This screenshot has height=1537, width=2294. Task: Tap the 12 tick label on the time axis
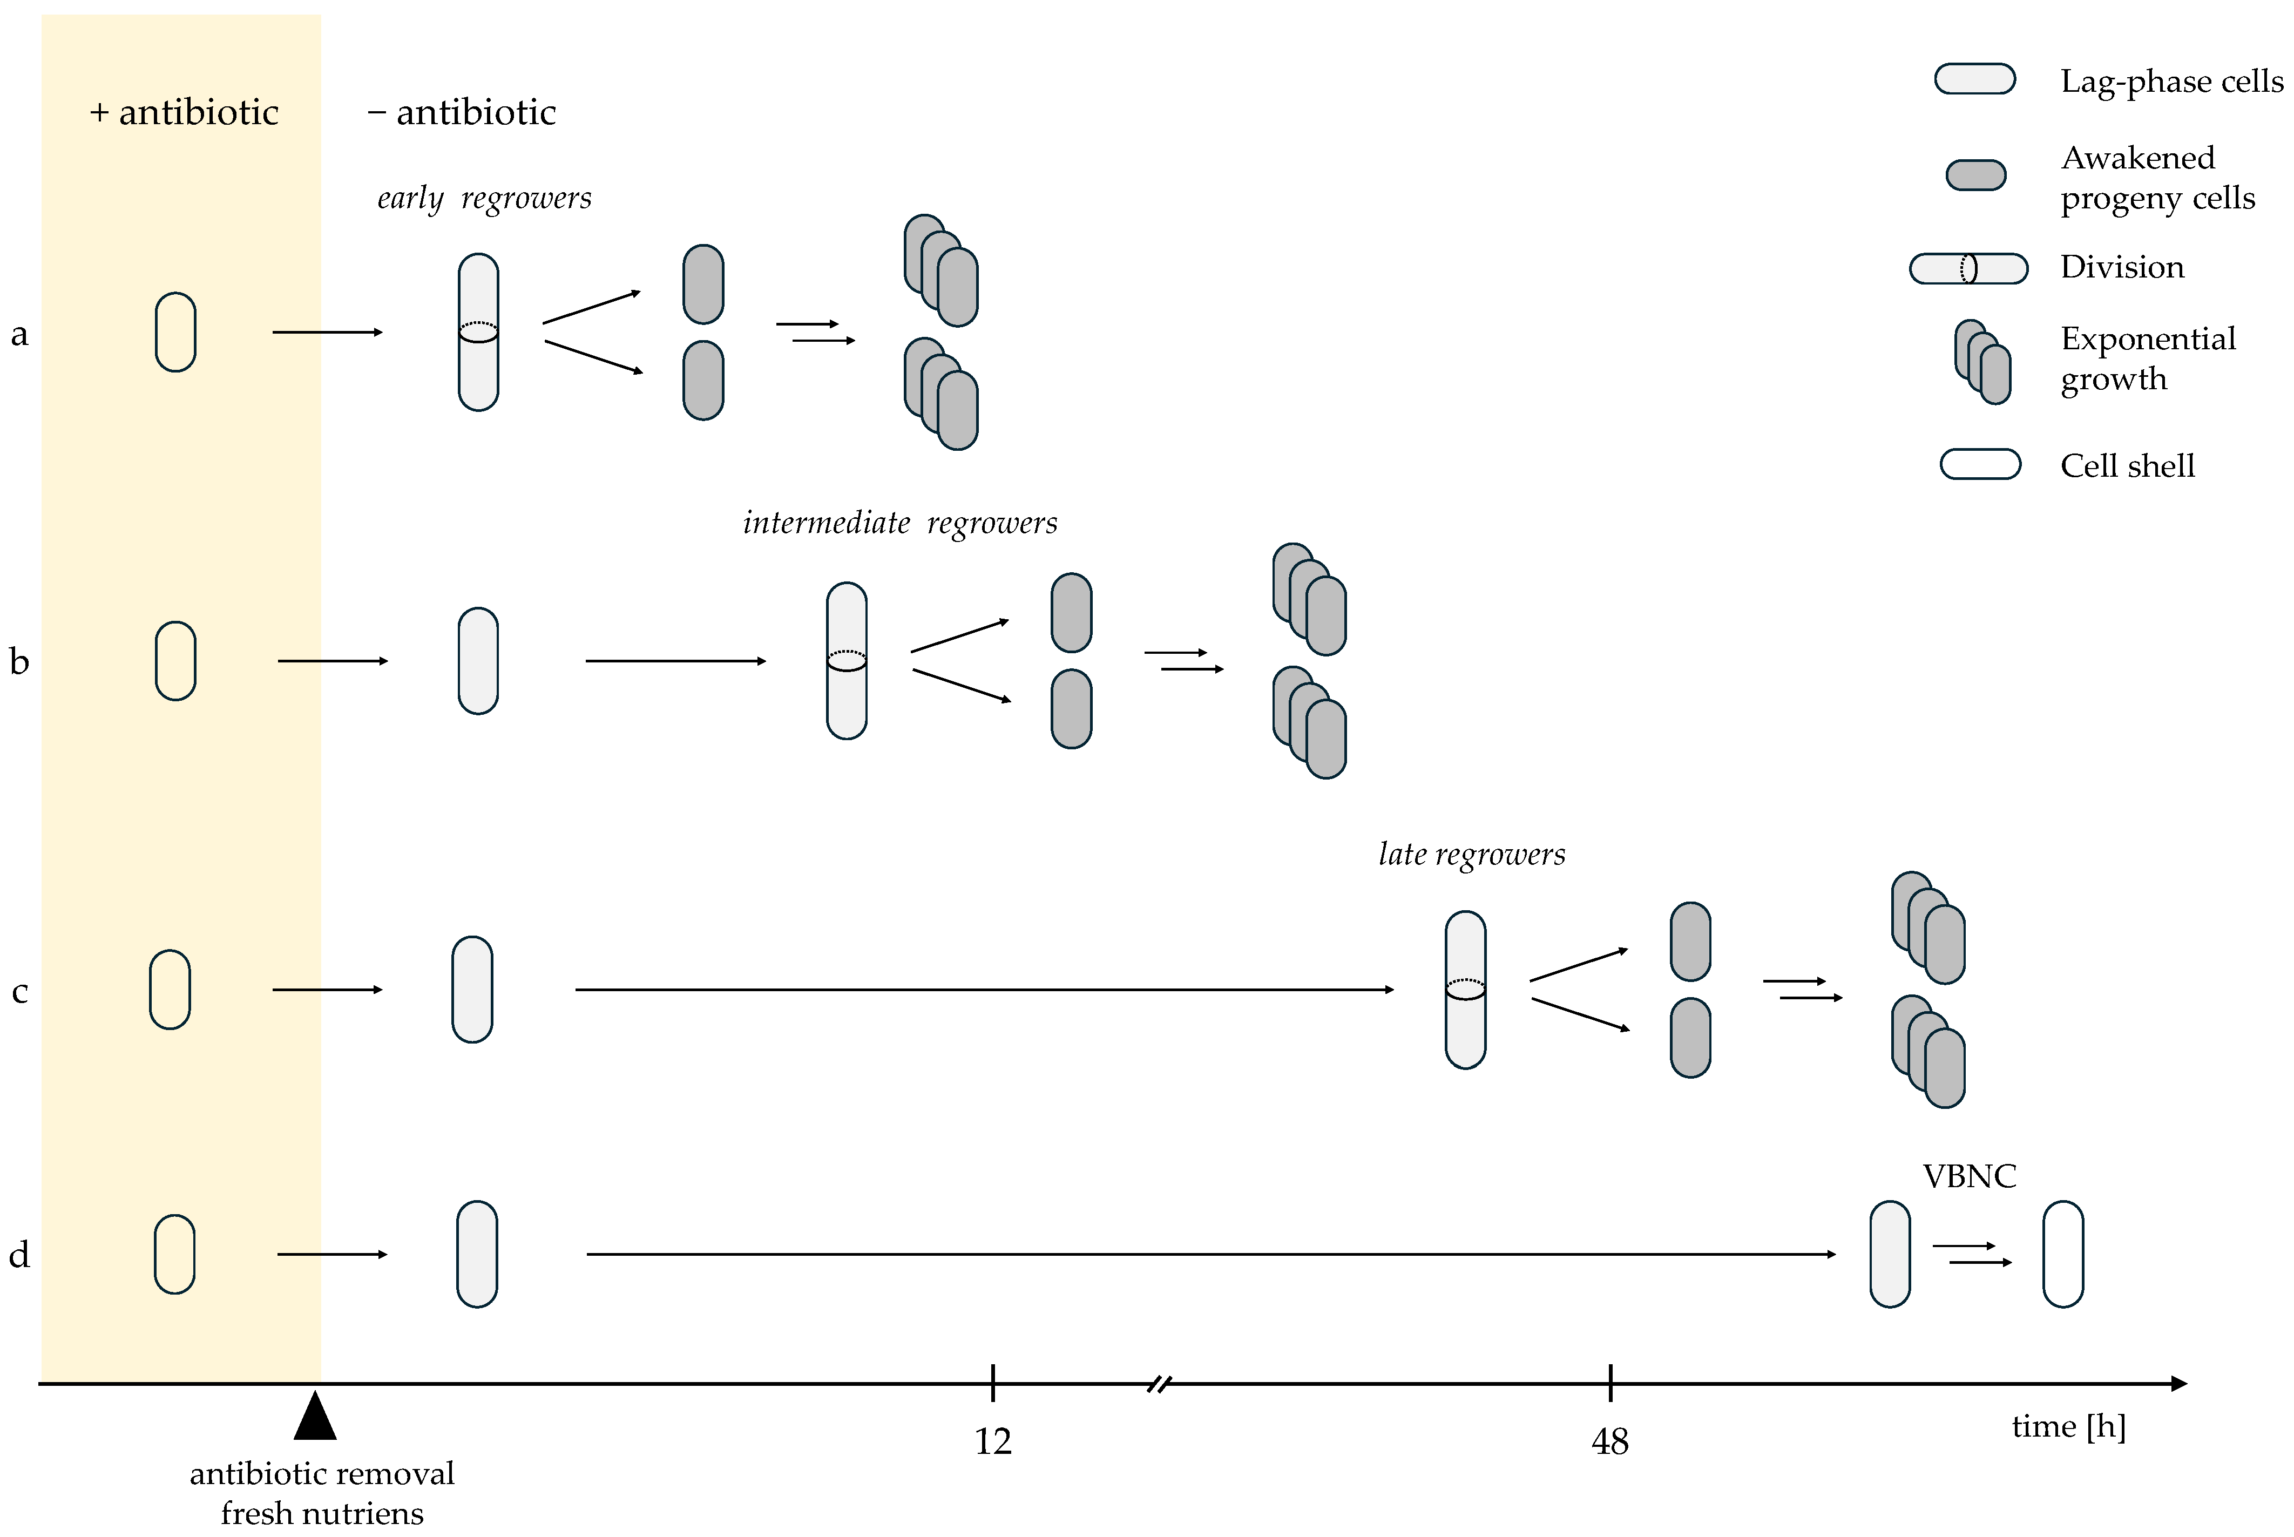pyautogui.click(x=992, y=1441)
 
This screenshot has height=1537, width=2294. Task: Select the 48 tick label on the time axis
pyautogui.click(x=1610, y=1441)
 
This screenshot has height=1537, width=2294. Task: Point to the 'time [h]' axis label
pyautogui.click(x=2068, y=1426)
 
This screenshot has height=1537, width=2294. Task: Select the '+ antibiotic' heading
pyautogui.click(x=184, y=113)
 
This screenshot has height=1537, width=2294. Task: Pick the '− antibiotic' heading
pyautogui.click(x=462, y=113)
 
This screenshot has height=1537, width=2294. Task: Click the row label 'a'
pyautogui.click(x=19, y=334)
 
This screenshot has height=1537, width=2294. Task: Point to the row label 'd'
pyautogui.click(x=19, y=1255)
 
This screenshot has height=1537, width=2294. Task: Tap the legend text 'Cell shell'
pyautogui.click(x=2127, y=465)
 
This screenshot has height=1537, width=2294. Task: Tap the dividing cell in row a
pyautogui.click(x=478, y=333)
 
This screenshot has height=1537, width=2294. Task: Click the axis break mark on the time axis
pyautogui.click(x=1159, y=1384)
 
